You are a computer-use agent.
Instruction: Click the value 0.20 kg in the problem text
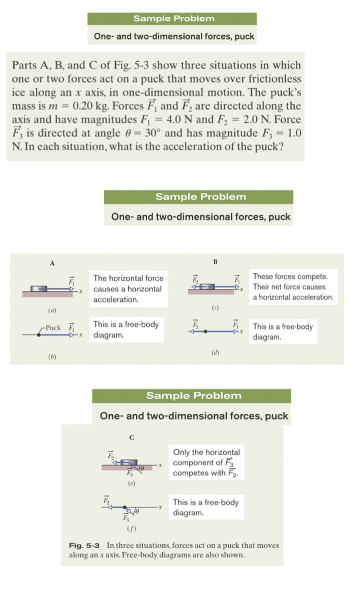pyautogui.click(x=92, y=106)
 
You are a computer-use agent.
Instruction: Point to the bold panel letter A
pyautogui.click(x=52, y=263)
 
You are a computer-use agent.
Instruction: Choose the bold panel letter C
pyautogui.click(x=132, y=437)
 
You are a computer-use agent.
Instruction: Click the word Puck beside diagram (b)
pyautogui.click(x=53, y=327)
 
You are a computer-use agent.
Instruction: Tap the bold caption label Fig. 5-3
pyautogui.click(x=86, y=545)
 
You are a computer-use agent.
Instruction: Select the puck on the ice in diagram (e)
pyautogui.click(x=129, y=461)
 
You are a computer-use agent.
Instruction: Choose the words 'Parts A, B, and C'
pyautogui.click(x=49, y=65)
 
